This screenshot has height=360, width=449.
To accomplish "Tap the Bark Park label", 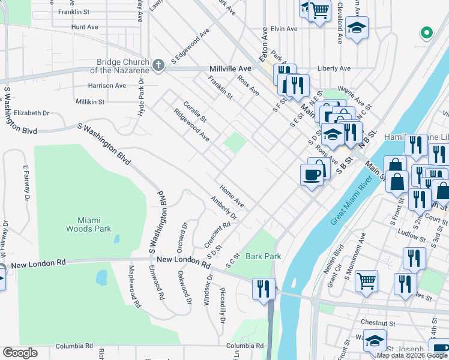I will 263,256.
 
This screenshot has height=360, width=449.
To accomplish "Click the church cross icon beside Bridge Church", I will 158,65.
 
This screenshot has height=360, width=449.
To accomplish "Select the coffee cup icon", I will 311,175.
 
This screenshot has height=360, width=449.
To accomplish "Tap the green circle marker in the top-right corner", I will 427,32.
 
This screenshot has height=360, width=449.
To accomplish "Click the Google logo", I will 20,353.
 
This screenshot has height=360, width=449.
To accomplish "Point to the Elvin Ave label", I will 284,29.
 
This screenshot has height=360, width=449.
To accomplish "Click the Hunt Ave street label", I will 84,27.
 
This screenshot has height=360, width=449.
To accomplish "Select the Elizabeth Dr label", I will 31,113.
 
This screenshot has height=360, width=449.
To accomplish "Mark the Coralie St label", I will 195,110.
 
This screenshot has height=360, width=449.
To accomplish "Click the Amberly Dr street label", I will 224,208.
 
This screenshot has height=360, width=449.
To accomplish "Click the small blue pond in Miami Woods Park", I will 101,277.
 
